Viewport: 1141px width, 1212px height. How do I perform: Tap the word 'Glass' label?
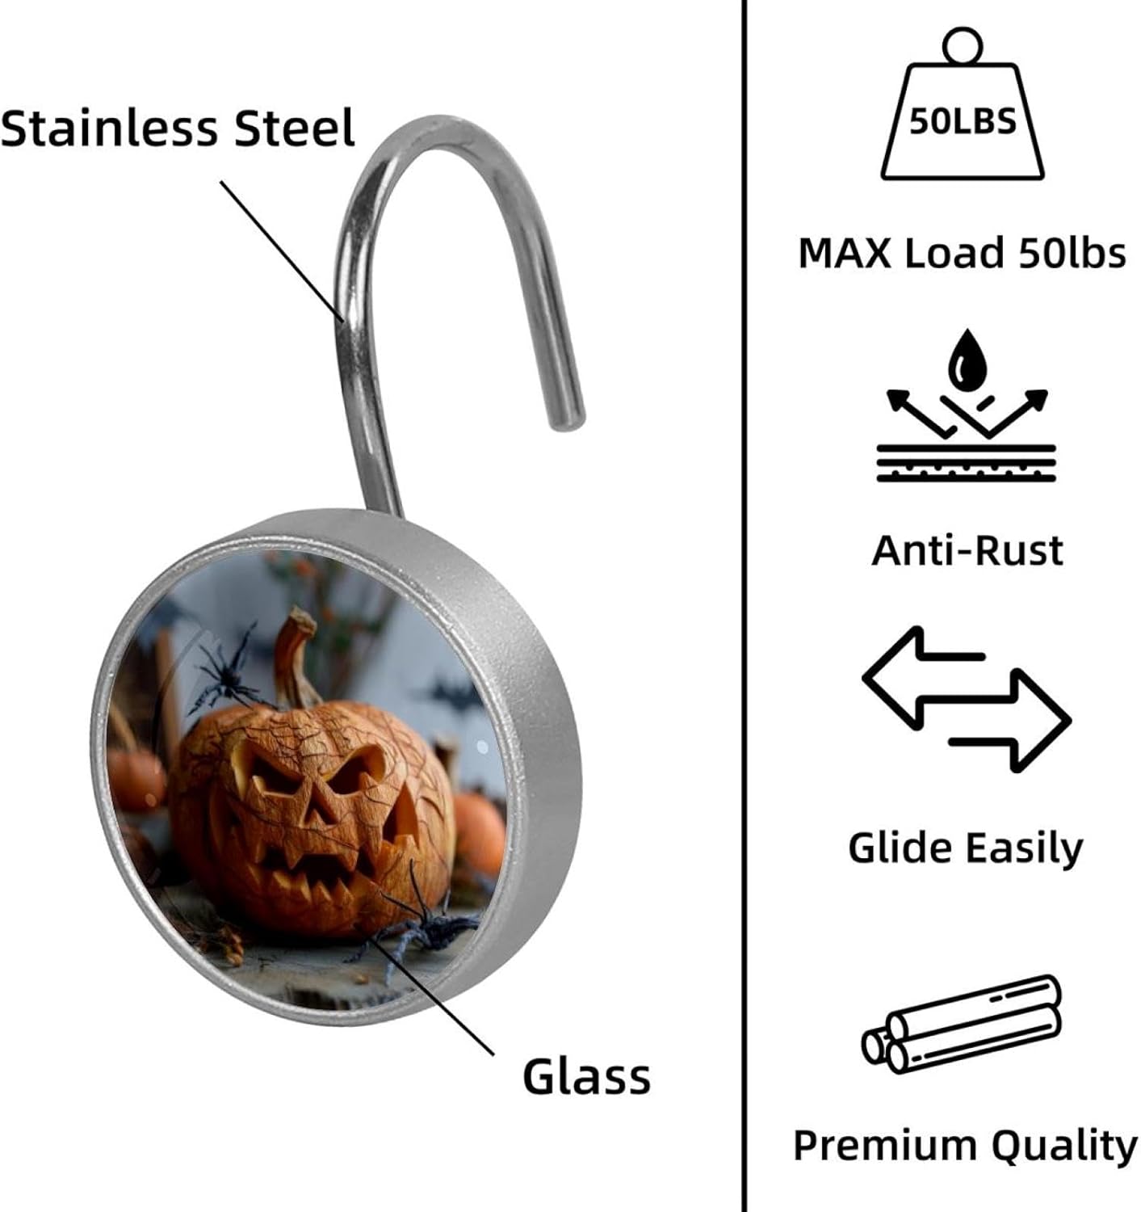[586, 1077]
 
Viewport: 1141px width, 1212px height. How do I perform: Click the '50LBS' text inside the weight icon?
[962, 122]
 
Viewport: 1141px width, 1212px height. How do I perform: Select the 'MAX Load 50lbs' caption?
[962, 254]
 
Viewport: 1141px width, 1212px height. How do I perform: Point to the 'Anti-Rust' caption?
[967, 551]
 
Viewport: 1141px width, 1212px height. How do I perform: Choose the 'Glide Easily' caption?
[965, 848]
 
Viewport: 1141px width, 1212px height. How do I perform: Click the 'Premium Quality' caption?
[965, 1146]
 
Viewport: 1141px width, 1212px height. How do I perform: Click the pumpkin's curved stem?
[295, 659]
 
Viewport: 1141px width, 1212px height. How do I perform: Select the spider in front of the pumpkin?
[420, 929]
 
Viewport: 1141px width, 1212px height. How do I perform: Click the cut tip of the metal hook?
[568, 416]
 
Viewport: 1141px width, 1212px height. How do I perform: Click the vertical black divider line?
[743, 606]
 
